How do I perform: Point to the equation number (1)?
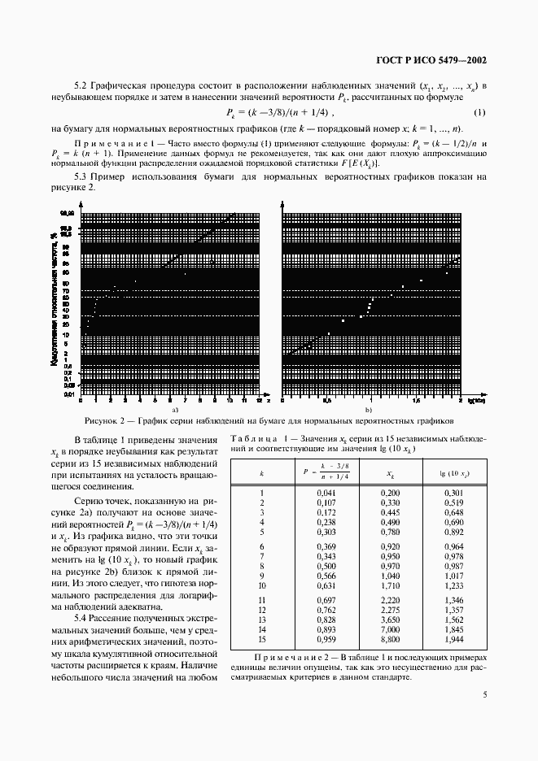point(480,112)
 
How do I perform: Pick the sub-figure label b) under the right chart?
point(368,411)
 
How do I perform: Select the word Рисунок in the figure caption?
point(103,422)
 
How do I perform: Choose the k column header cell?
point(261,472)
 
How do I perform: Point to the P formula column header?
point(325,472)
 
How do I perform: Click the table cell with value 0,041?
point(325,493)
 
